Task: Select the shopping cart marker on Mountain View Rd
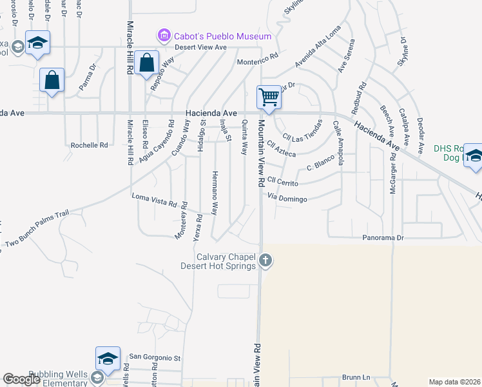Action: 269,97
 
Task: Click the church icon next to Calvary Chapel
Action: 266,261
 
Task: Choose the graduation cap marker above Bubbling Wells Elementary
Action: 108,358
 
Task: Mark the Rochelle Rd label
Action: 89,145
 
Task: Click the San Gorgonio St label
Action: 156,357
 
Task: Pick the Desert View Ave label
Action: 202,47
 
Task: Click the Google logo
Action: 22,379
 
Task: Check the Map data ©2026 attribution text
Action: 454,382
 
